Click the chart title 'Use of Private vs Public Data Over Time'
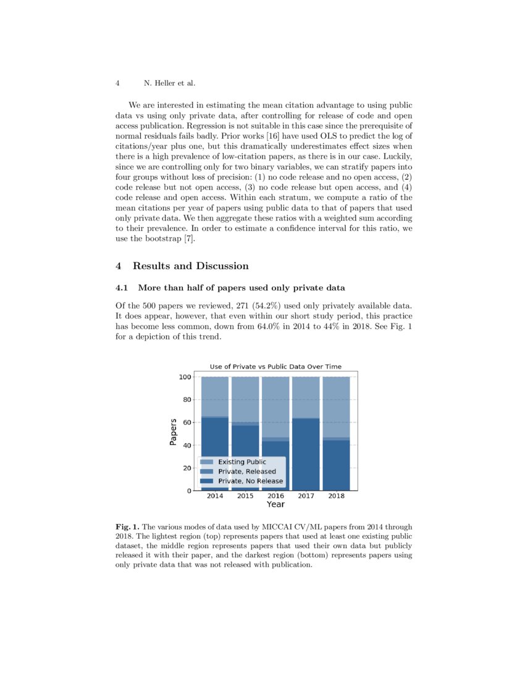(x=275, y=367)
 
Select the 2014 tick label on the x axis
(x=215, y=496)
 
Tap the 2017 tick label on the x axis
(x=306, y=496)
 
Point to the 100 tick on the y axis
(x=185, y=377)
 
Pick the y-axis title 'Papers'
(x=174, y=432)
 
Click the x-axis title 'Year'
(x=275, y=505)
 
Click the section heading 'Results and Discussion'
(x=190, y=266)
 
